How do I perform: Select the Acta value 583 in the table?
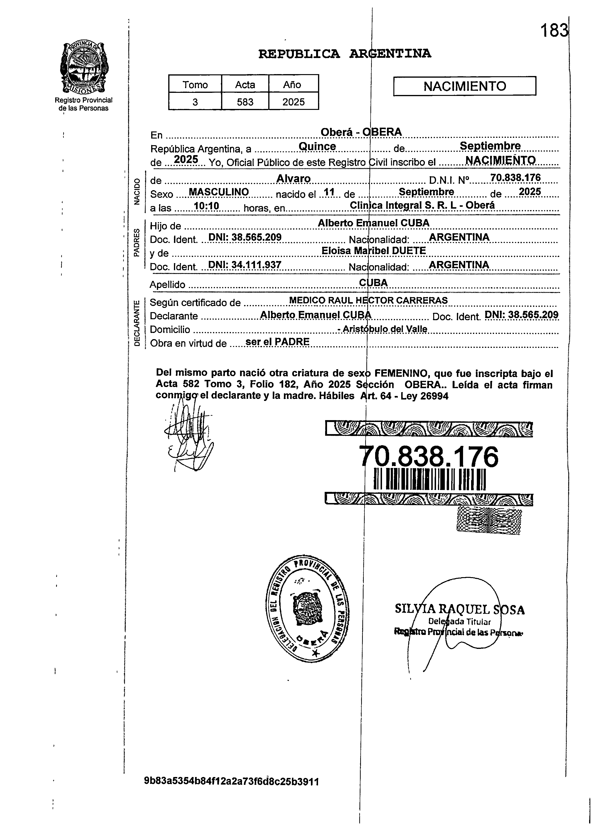pyautogui.click(x=245, y=102)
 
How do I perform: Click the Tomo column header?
pyautogui.click(x=195, y=85)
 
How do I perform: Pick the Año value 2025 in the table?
pyautogui.click(x=293, y=102)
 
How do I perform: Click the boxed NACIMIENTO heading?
pyautogui.click(x=464, y=86)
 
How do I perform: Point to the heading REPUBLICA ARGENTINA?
pyautogui.click(x=345, y=54)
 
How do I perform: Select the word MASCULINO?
pyautogui.click(x=218, y=192)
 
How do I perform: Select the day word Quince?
pyautogui.click(x=317, y=146)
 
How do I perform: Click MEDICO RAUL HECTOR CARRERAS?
pyautogui.click(x=368, y=300)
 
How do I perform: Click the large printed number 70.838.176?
pyautogui.click(x=428, y=457)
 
